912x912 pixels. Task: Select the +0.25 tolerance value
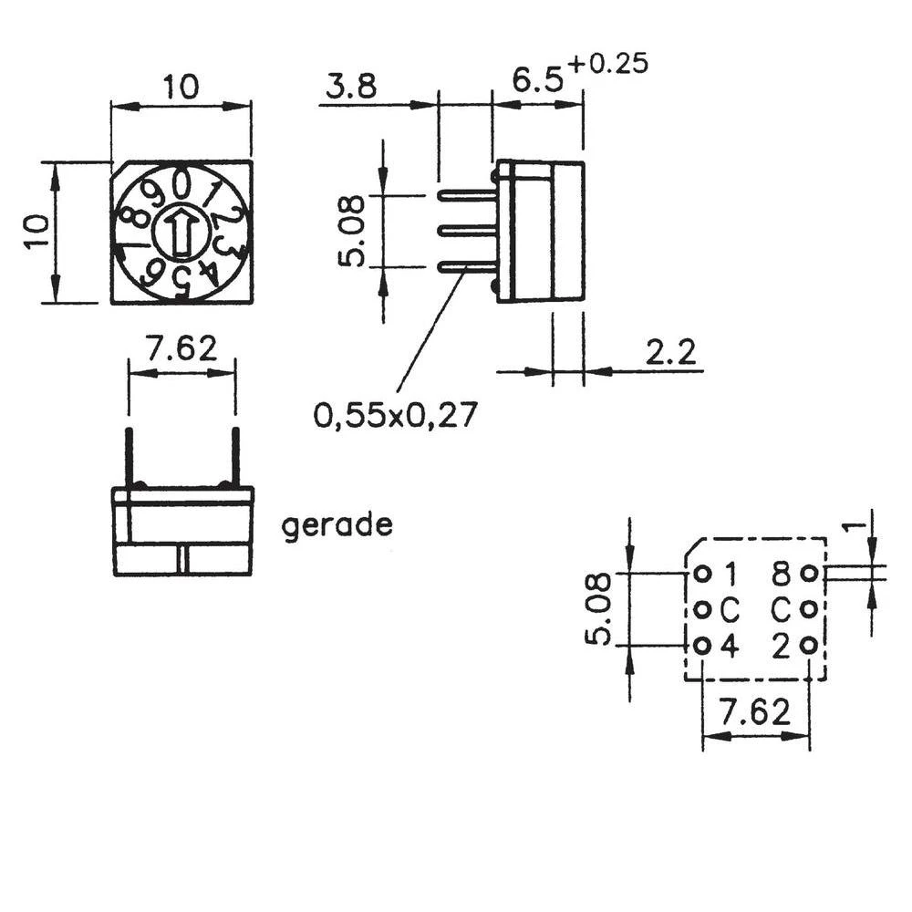(x=607, y=65)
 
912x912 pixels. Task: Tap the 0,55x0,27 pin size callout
(x=395, y=416)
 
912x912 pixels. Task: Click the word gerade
(x=337, y=526)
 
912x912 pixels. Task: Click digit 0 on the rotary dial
(x=182, y=185)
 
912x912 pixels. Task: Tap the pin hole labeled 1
(x=702, y=575)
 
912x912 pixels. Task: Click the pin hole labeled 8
(x=808, y=575)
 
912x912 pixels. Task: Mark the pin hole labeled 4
(x=702, y=646)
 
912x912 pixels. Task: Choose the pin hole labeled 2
(x=808, y=646)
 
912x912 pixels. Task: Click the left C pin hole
(x=702, y=609)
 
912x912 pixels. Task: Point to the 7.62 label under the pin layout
(x=755, y=712)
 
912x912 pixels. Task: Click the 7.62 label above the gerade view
(x=182, y=348)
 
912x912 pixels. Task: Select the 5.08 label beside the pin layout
(x=596, y=609)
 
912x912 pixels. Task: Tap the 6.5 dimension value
(x=538, y=81)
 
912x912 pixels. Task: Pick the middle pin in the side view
(x=467, y=231)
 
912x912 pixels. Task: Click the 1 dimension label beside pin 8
(x=852, y=526)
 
